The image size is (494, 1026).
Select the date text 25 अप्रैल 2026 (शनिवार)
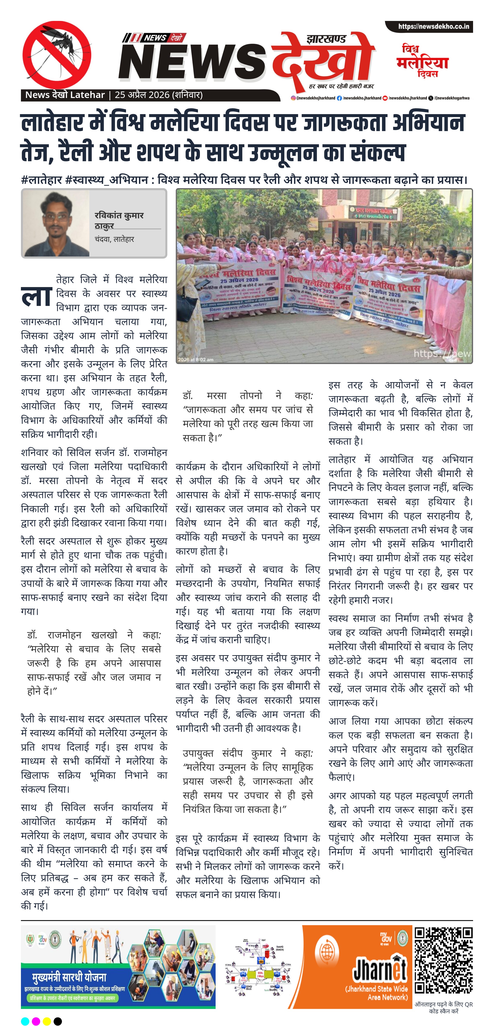click(x=158, y=95)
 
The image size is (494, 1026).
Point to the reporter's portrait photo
click(x=56, y=224)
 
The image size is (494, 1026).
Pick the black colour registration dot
click(x=58, y=1018)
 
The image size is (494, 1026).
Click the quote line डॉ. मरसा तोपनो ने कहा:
click(x=248, y=396)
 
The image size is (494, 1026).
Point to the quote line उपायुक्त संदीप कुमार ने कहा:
click(x=248, y=753)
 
